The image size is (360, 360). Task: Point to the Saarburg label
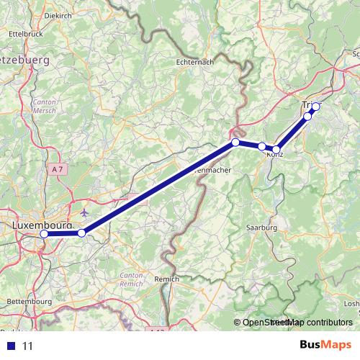point(262,228)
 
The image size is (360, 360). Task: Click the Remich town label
point(166,278)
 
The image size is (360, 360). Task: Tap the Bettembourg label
point(26,300)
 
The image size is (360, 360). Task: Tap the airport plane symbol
point(86,212)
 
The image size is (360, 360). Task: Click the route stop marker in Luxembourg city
point(44,234)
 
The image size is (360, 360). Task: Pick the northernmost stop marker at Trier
point(315,107)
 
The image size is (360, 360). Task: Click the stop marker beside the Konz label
point(276,149)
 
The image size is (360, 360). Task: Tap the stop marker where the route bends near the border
point(235,143)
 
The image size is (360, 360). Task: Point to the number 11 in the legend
point(29,346)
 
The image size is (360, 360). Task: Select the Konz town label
point(274,156)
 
